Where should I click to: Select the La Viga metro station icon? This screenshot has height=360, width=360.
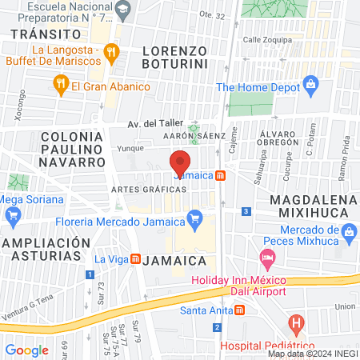pyautogui.click(x=136, y=259)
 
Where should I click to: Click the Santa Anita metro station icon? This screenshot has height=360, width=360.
pyautogui.click(x=230, y=311)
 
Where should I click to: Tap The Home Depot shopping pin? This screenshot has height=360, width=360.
pyautogui.click(x=311, y=86)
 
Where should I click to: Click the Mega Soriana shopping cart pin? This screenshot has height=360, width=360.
pyautogui.click(x=12, y=215)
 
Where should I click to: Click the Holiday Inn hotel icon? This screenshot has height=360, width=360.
pyautogui.click(x=267, y=259)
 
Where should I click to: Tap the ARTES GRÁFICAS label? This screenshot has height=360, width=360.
pyautogui.click(x=149, y=189)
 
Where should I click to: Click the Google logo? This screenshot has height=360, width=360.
pyautogui.click(x=26, y=350)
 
